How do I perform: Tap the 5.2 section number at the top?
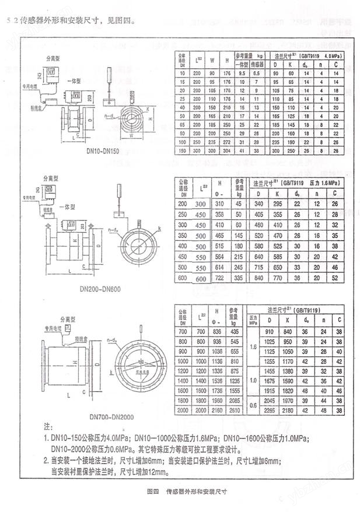(x=10, y=22)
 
